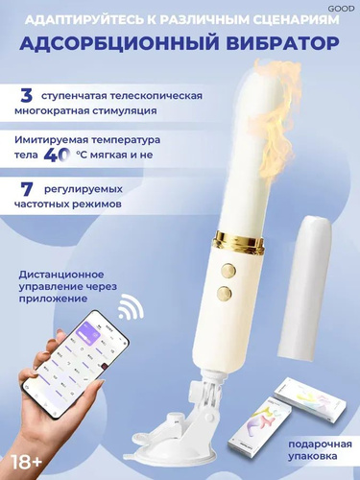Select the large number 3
click(x=26, y=96)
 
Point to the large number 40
click(x=57, y=155)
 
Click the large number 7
click(x=28, y=189)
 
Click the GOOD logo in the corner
click(x=341, y=9)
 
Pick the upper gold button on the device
click(x=228, y=270)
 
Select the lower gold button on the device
click(x=224, y=293)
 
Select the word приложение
click(x=53, y=299)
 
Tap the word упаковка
click(x=312, y=457)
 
